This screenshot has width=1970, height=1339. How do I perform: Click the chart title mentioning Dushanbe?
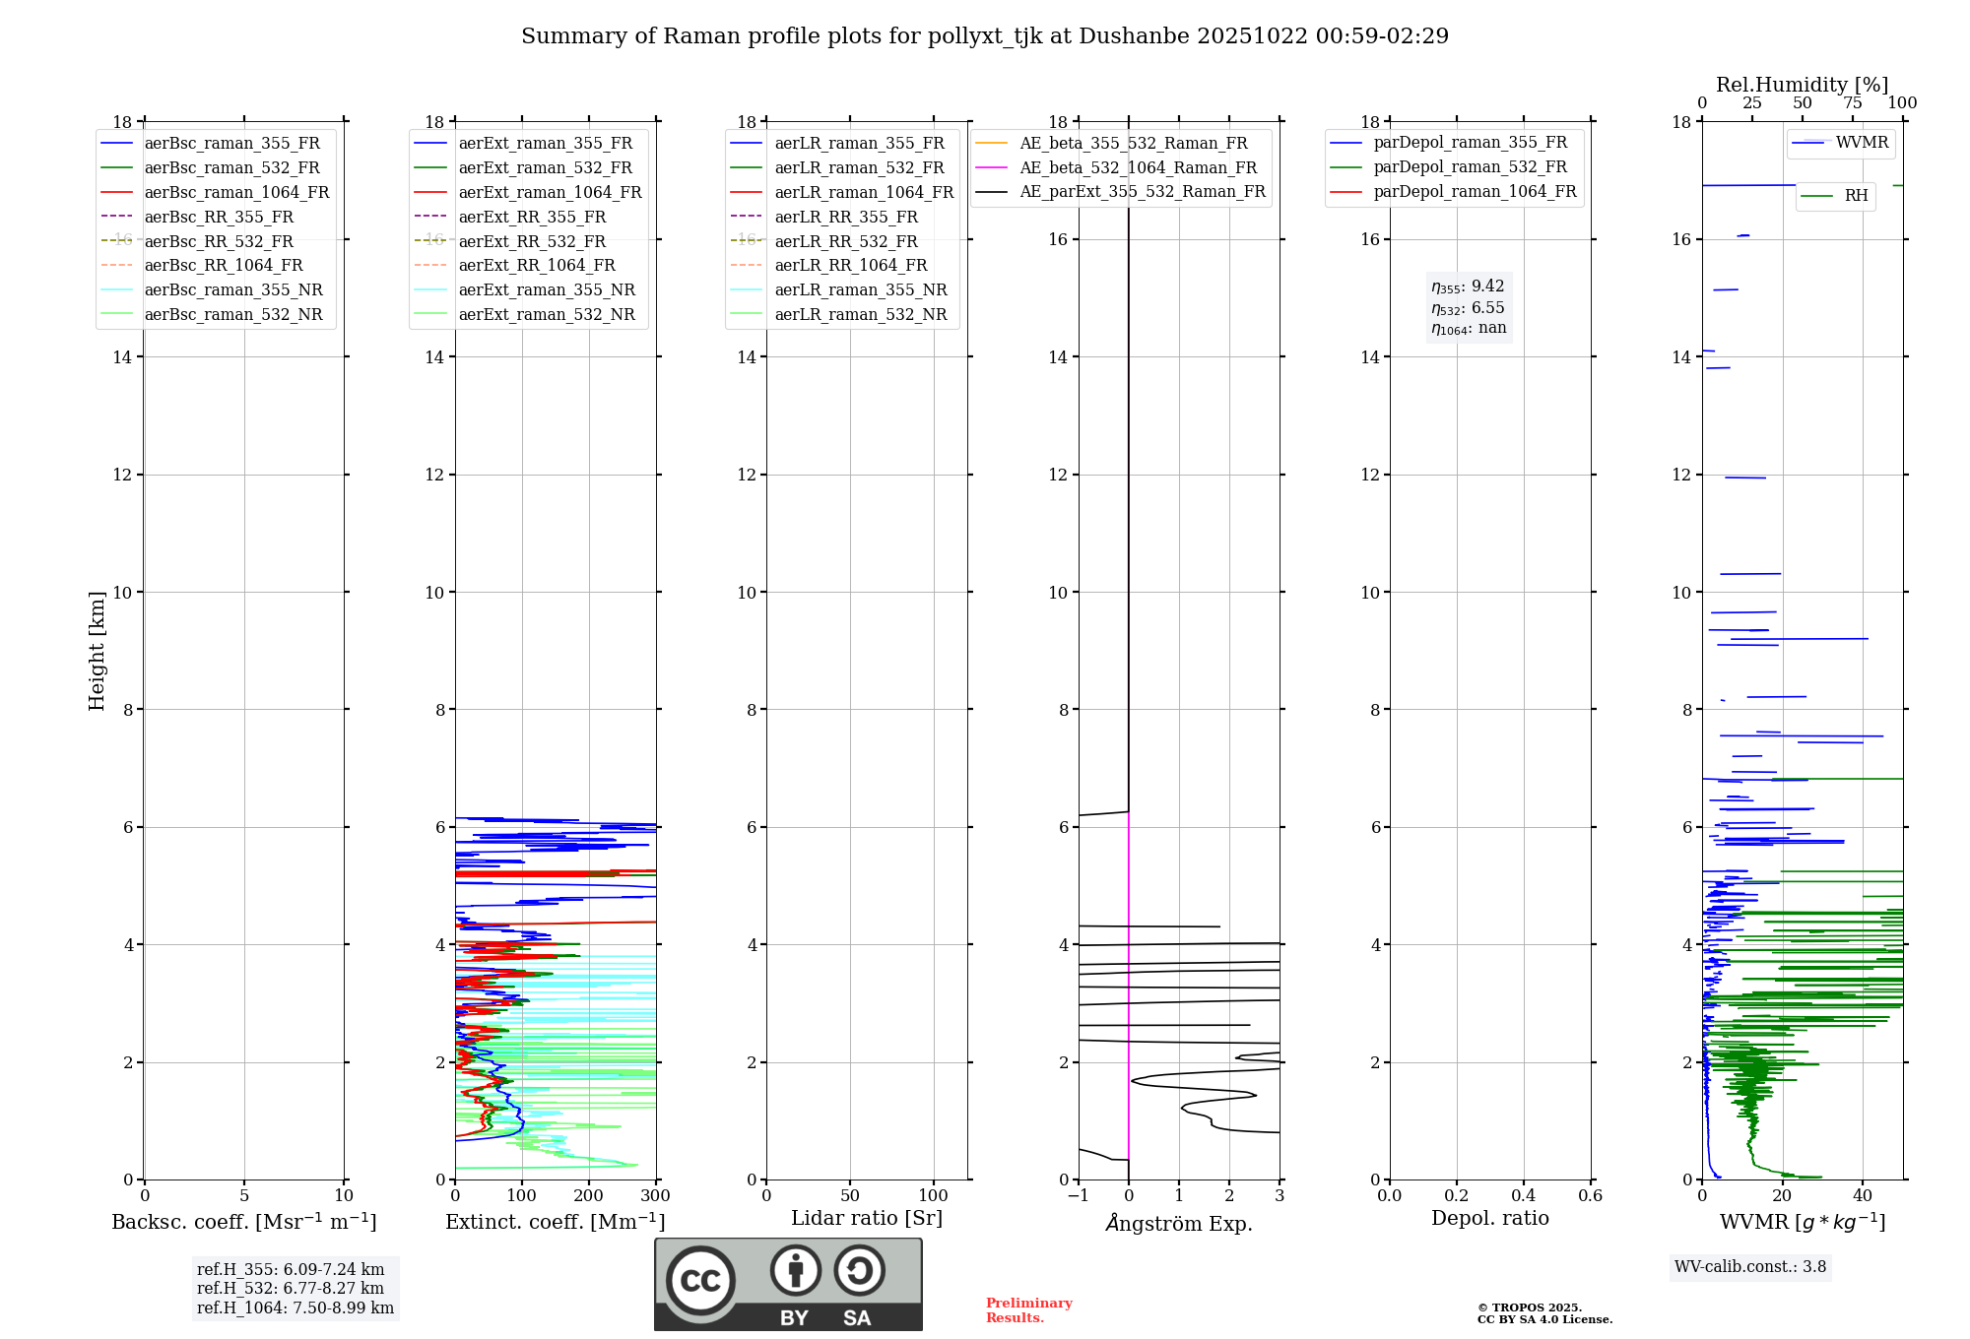pyautogui.click(x=984, y=36)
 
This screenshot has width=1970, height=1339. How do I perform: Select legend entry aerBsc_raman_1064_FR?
pyautogui.click(x=236, y=193)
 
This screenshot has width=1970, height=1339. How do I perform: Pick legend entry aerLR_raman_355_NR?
pyautogui.click(x=860, y=290)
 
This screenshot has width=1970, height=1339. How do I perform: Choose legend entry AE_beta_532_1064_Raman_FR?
pyautogui.click(x=1138, y=168)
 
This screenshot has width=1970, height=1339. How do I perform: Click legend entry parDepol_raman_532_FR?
pyautogui.click(x=1470, y=167)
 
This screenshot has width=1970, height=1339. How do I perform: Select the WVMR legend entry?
pyautogui.click(x=1862, y=143)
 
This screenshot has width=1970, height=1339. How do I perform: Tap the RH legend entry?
pyautogui.click(x=1856, y=196)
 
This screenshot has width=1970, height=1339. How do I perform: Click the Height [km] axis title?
pyautogui.click(x=97, y=650)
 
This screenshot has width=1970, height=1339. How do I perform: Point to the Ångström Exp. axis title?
pyautogui.click(x=1179, y=1224)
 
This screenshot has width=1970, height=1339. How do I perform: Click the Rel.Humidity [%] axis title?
pyautogui.click(x=1802, y=85)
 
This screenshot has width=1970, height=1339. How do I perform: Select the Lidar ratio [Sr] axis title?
pyautogui.click(x=866, y=1218)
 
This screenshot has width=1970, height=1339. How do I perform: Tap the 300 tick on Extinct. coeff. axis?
pyautogui.click(x=655, y=1196)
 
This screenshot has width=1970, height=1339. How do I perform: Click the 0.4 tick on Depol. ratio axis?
pyautogui.click(x=1523, y=1196)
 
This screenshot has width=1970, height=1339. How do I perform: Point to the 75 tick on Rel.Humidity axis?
pyautogui.click(x=1852, y=103)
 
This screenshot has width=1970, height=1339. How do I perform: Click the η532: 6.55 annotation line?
pyautogui.click(x=1468, y=308)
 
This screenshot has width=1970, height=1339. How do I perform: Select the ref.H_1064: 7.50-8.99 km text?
pyautogui.click(x=295, y=1308)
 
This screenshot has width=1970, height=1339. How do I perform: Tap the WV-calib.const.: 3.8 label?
pyautogui.click(x=1750, y=1267)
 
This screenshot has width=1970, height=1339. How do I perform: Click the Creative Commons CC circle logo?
pyautogui.click(x=700, y=1281)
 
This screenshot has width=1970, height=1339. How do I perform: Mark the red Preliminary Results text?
pyautogui.click(x=1028, y=1310)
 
